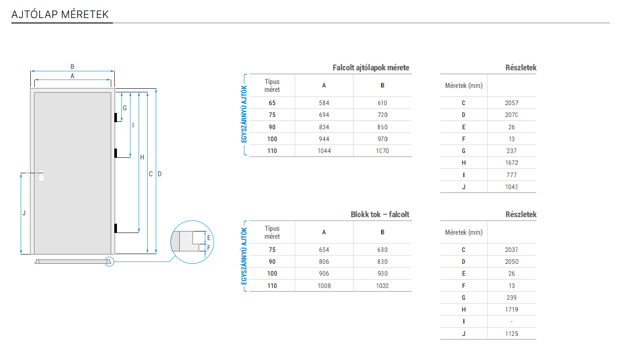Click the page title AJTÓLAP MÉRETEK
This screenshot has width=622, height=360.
tap(60, 15)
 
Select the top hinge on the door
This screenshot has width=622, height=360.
tap(115, 118)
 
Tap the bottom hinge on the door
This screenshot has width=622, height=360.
tap(115, 228)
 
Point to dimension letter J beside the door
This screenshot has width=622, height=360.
tap(24, 213)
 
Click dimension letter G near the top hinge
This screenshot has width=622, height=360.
tap(124, 108)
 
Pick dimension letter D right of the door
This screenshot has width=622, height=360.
tap(160, 174)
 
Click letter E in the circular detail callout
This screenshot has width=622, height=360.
tap(209, 238)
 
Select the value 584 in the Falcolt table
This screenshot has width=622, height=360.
tap(324, 103)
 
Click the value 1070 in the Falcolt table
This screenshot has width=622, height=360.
tap(382, 151)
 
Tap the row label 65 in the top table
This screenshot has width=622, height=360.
tap(272, 103)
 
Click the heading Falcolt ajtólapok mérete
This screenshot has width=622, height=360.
tap(371, 68)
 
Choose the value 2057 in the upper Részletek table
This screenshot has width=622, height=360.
tap(512, 103)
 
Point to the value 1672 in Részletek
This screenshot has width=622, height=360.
tap(512, 163)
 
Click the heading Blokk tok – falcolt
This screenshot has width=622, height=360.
tap(380, 215)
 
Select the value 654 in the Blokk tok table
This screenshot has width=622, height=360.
tap(324, 250)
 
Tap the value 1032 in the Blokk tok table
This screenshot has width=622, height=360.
tap(382, 286)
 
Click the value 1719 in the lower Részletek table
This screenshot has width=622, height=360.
tap(512, 309)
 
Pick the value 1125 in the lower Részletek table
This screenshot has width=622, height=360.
tap(512, 334)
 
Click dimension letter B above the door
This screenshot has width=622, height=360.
tap(73, 67)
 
